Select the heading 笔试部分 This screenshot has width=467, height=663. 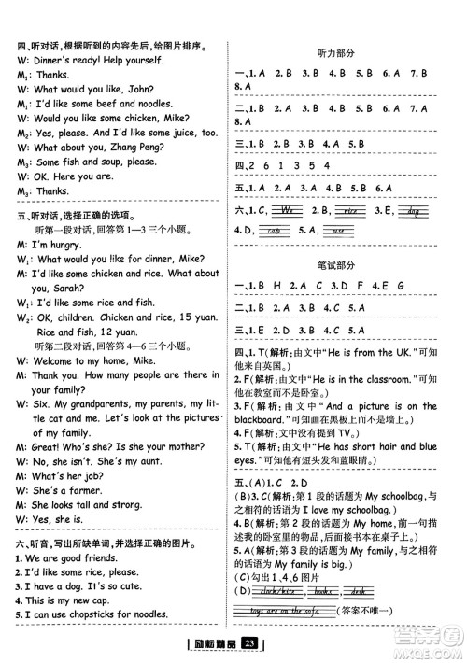340,259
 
